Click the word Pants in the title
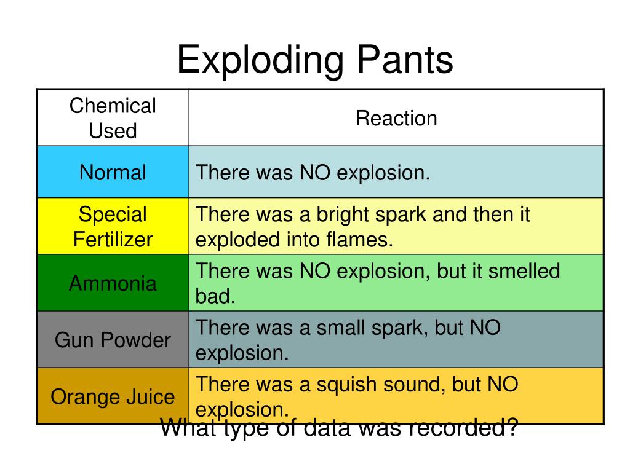(x=404, y=60)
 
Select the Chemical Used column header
(x=113, y=118)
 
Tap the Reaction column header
(x=396, y=118)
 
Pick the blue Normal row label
(x=113, y=172)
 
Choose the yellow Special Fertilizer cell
(x=113, y=226)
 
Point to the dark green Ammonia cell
(x=113, y=283)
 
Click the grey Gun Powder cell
(x=113, y=340)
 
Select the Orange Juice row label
(x=113, y=396)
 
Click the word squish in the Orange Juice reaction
(x=347, y=384)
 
